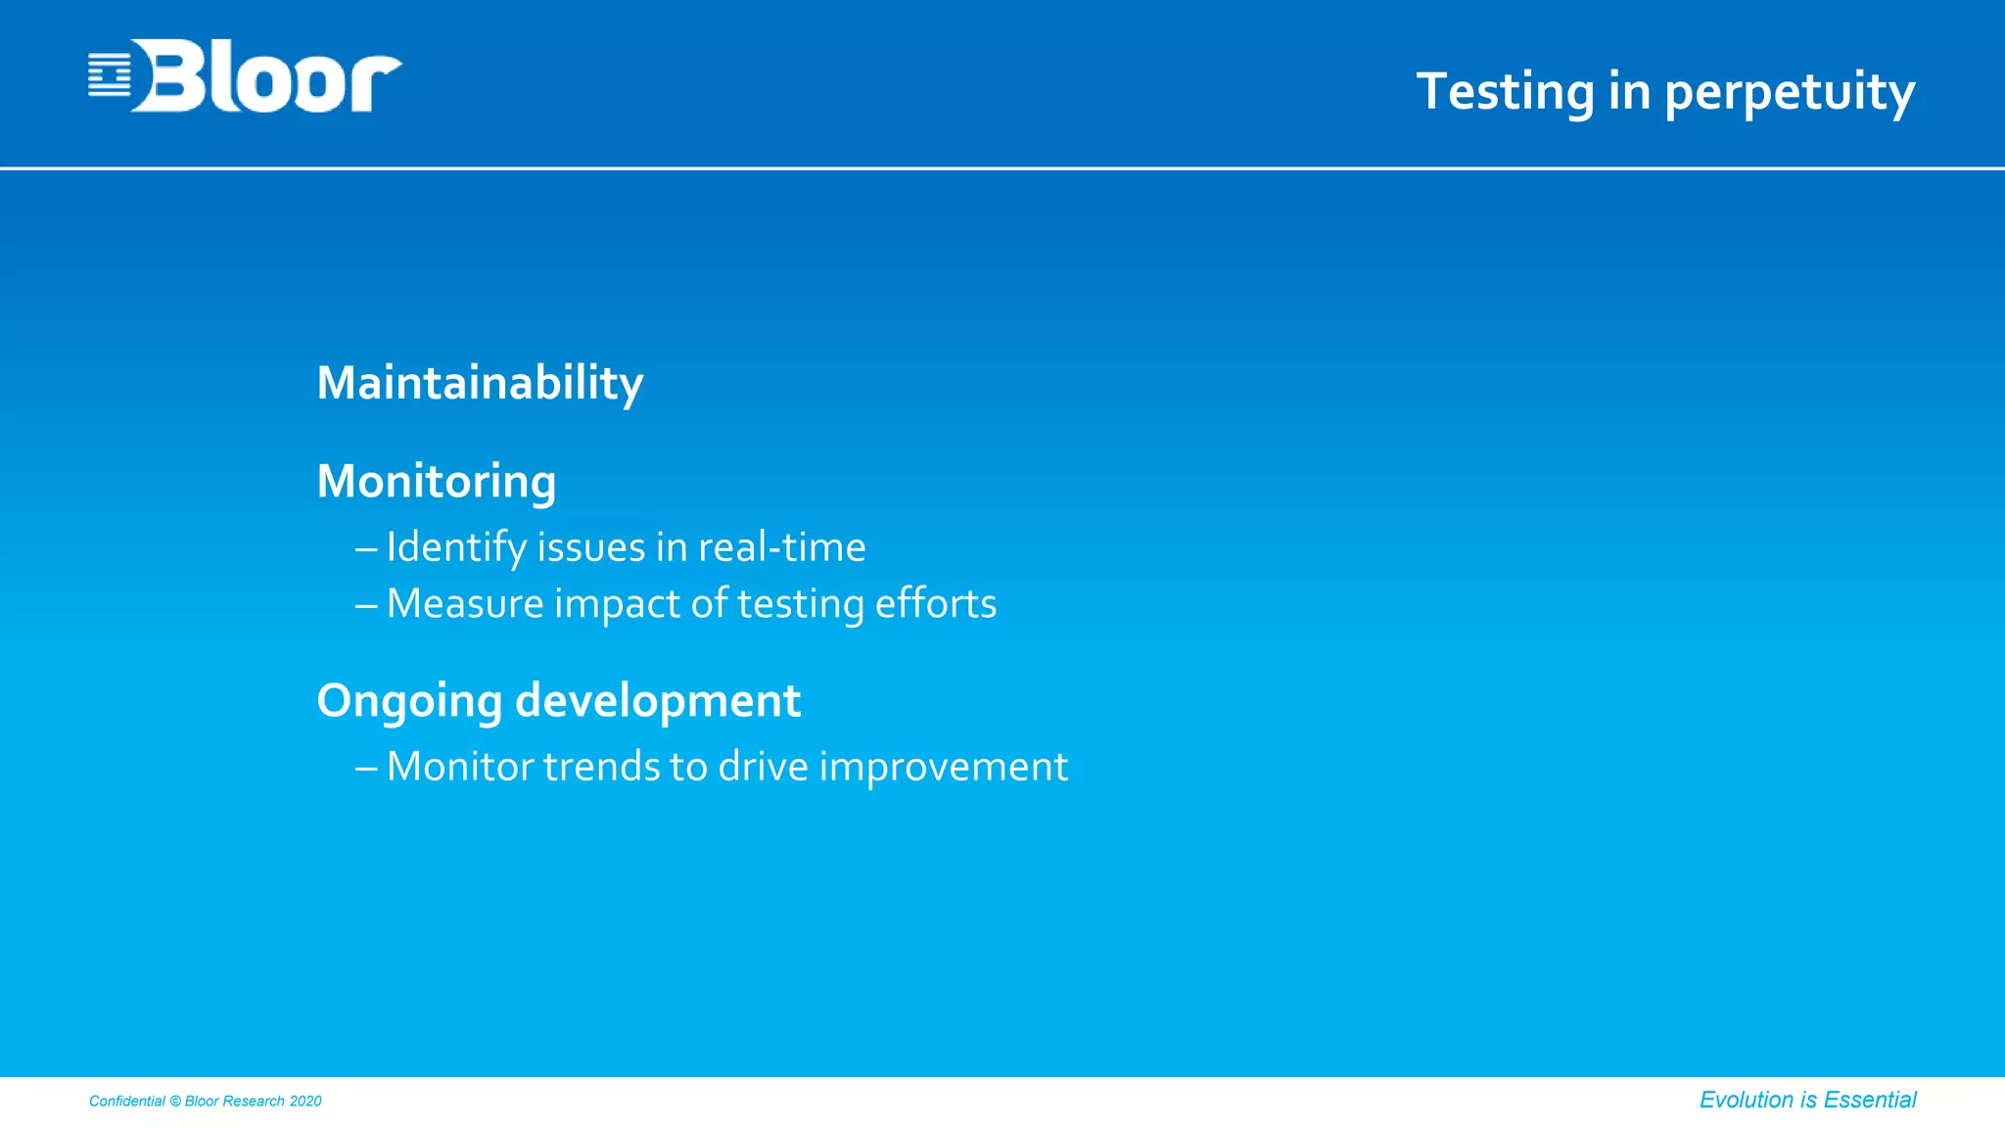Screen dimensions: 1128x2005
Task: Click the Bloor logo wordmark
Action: (266, 76)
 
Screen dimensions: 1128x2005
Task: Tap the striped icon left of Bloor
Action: (109, 75)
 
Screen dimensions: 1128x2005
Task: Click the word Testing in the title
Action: (1505, 92)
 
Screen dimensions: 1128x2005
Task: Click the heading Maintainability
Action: (480, 383)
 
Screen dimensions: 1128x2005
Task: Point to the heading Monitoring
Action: (437, 482)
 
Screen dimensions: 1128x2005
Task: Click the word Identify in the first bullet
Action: (456, 547)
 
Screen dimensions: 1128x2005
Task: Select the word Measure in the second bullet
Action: (465, 604)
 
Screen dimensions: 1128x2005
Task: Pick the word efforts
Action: (935, 604)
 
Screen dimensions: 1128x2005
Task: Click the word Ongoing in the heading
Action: (409, 702)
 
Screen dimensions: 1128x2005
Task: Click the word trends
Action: (601, 767)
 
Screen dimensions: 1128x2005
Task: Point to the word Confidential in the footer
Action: (127, 1102)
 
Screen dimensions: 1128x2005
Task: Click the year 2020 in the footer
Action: (305, 1102)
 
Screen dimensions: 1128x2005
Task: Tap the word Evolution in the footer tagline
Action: (1746, 1101)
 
